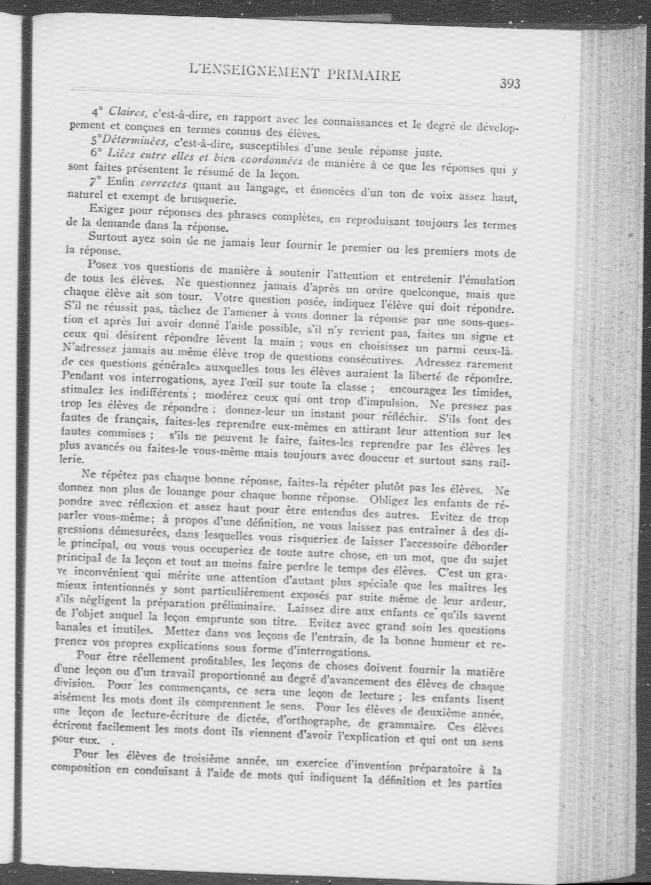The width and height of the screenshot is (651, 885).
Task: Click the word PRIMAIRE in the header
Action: coord(363,75)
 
